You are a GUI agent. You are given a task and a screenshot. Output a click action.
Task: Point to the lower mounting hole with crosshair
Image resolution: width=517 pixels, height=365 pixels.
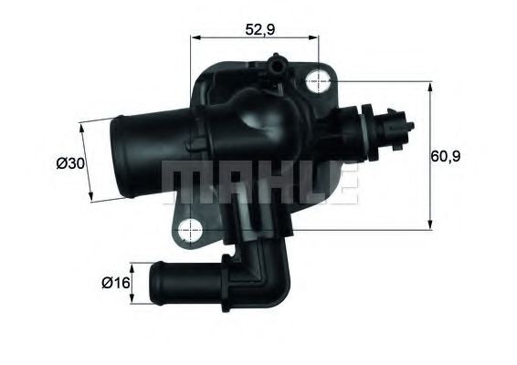193,229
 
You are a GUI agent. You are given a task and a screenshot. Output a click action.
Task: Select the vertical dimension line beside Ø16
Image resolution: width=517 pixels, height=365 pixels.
133,283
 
